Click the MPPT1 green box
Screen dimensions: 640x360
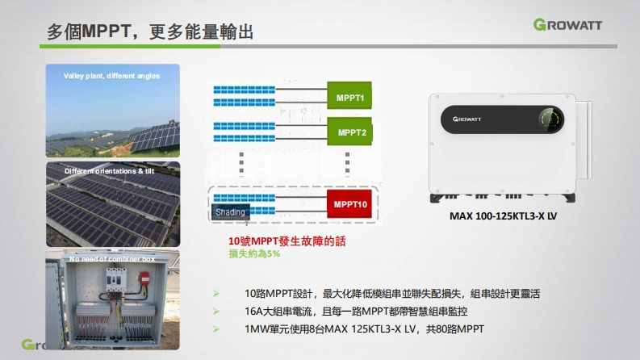pos(349,98)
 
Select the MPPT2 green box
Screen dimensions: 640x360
pos(351,132)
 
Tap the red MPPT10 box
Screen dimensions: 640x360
pos(350,205)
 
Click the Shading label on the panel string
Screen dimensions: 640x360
pos(231,212)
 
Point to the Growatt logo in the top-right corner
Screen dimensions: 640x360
pos(579,25)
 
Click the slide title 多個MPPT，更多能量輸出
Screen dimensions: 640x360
pos(150,31)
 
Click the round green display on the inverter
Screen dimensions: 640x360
pos(550,120)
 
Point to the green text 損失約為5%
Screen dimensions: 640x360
pos(254,253)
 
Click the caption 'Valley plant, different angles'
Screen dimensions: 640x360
pos(111,76)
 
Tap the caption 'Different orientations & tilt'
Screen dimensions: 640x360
pos(109,171)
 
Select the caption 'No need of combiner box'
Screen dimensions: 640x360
pos(112,259)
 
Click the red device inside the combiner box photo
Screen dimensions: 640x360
pos(146,278)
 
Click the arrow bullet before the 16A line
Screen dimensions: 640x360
pos(215,311)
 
